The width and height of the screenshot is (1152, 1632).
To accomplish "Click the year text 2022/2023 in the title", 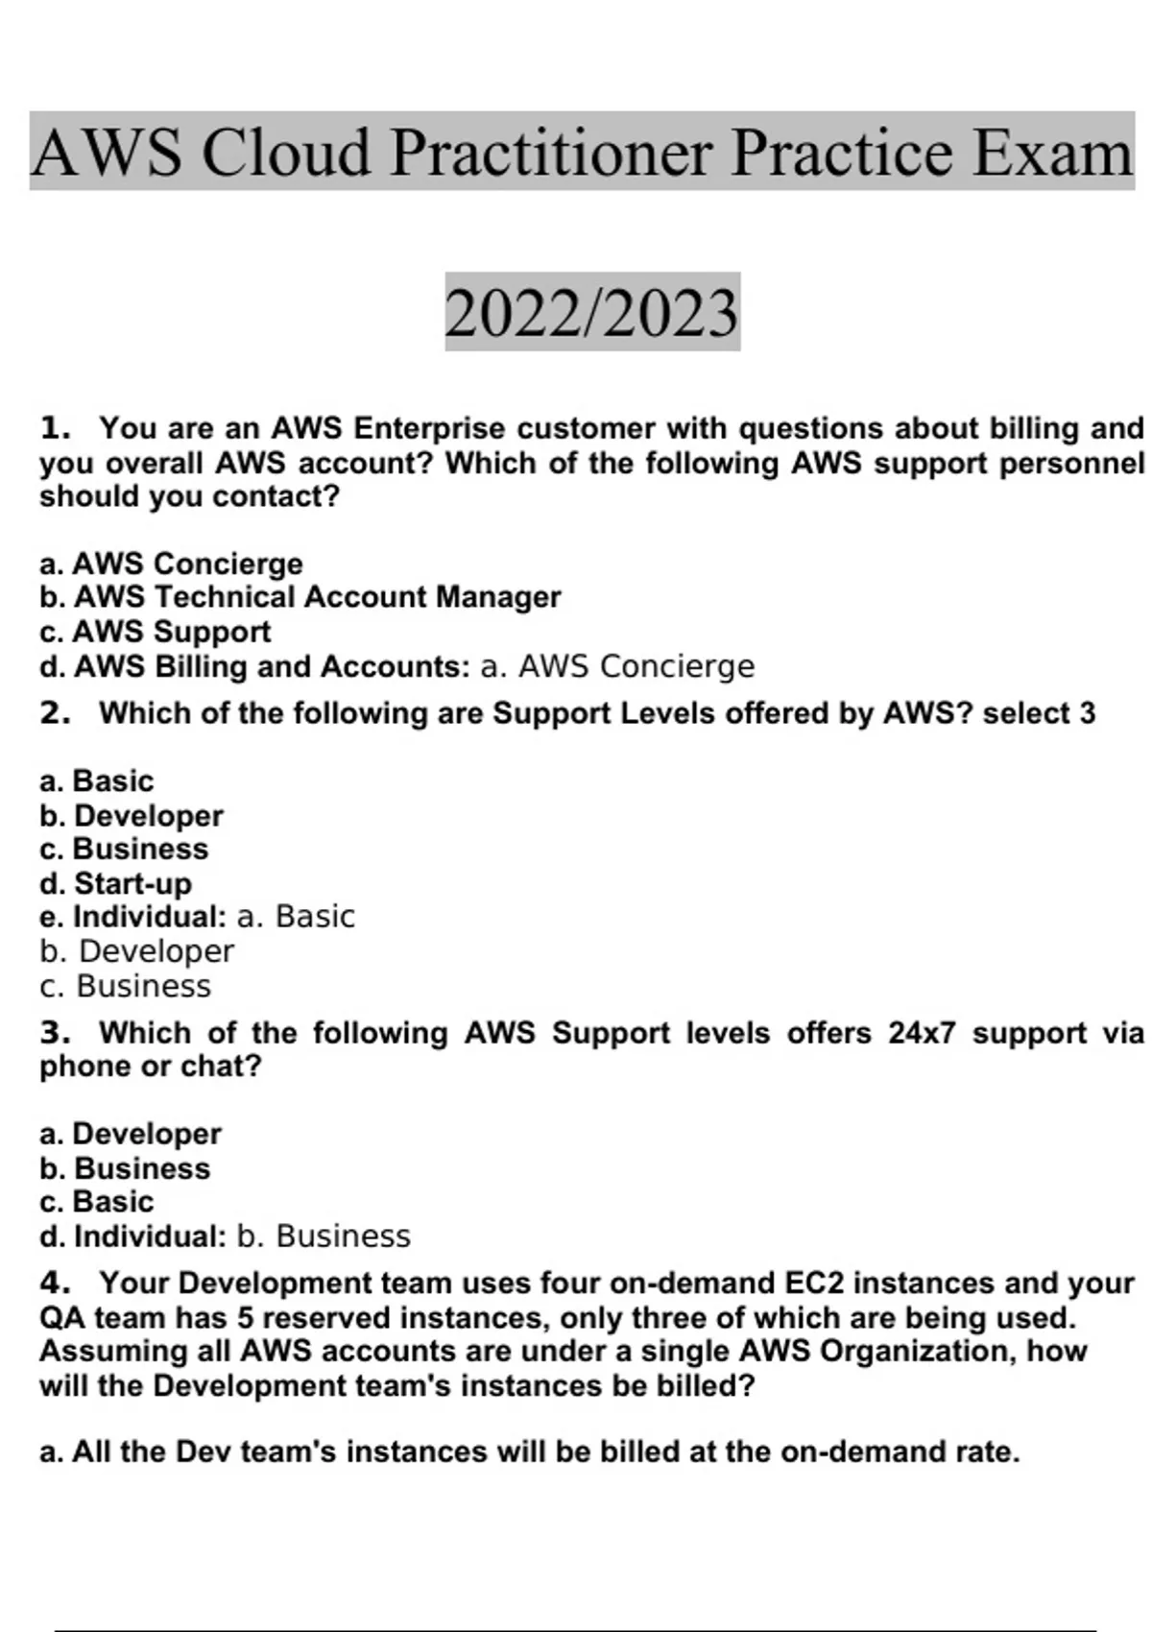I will (591, 313).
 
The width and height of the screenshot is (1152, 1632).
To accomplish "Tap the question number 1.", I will (55, 427).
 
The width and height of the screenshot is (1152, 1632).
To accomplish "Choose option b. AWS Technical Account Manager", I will (300, 597).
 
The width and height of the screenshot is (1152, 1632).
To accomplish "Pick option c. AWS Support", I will (155, 632).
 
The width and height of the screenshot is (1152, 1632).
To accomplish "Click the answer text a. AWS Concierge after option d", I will (617, 666).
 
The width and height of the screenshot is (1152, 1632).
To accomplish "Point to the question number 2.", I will (55, 713).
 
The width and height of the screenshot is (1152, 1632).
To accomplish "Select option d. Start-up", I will (115, 883).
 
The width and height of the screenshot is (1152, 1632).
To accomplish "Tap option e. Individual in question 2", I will (132, 917).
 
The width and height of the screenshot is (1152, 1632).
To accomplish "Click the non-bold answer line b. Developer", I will (136, 951).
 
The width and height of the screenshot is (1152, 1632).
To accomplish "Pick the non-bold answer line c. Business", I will (125, 986).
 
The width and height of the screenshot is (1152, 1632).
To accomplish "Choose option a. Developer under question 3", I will (131, 1134).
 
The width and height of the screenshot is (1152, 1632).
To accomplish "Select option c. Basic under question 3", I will (96, 1202).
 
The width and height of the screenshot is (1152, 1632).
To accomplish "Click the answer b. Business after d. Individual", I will (324, 1236).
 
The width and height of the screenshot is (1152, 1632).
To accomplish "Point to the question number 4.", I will (55, 1284).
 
